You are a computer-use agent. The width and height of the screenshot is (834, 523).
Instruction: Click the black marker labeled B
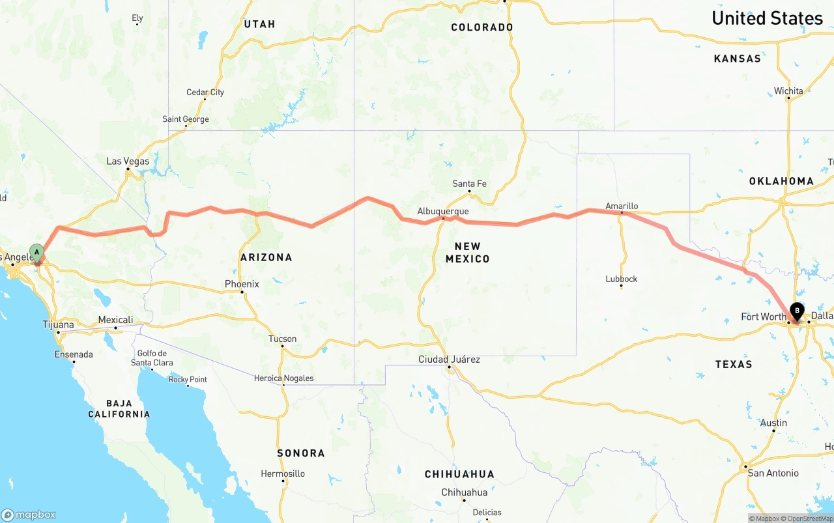pyautogui.click(x=797, y=311)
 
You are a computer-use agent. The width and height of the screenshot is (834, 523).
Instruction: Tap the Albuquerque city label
pyautogui.click(x=442, y=211)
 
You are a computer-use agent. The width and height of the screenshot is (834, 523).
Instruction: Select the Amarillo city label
pyautogui.click(x=622, y=206)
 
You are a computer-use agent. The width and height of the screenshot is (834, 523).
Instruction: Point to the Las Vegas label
pyautogui.click(x=128, y=161)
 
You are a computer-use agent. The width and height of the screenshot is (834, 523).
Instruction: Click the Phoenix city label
pyautogui.click(x=242, y=284)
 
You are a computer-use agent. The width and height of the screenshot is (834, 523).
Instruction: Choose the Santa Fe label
pyautogui.click(x=469, y=184)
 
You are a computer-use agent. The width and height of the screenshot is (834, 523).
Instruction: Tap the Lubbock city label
pyautogui.click(x=621, y=279)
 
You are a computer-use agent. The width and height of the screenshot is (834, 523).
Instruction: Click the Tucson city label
pyautogui.click(x=282, y=339)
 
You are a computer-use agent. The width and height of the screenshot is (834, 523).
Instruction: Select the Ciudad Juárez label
pyautogui.click(x=449, y=360)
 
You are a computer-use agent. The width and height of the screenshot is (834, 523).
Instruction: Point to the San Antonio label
pyautogui.click(x=773, y=473)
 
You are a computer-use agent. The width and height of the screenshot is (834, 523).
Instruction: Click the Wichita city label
pyautogui.click(x=788, y=91)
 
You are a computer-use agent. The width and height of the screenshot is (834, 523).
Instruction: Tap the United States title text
pyautogui.click(x=767, y=18)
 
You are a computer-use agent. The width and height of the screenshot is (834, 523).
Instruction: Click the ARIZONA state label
pyautogui.click(x=266, y=257)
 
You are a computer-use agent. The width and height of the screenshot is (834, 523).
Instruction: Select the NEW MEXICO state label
pyautogui.click(x=467, y=252)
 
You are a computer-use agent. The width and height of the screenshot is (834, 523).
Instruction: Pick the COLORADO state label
pyautogui.click(x=482, y=27)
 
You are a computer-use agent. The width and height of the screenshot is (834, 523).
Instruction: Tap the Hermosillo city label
pyautogui.click(x=282, y=474)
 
